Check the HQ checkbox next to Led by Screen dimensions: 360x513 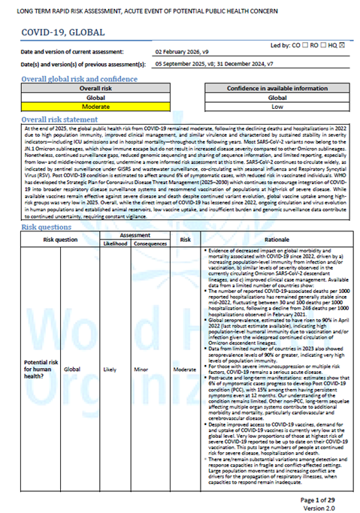click(x=343, y=44)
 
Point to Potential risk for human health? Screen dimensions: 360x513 click(x=35, y=349)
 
